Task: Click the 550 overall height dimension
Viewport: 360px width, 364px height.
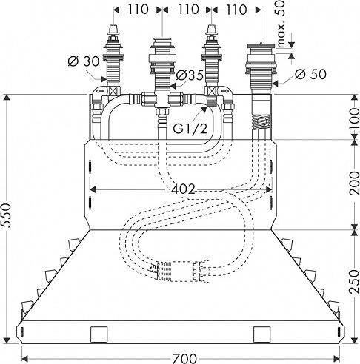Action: (7, 215)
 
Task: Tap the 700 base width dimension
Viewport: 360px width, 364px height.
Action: (184, 358)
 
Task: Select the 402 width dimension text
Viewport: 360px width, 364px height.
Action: (183, 189)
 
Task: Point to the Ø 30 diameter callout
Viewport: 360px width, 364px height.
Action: (83, 61)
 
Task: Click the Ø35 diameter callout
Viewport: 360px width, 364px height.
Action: (190, 75)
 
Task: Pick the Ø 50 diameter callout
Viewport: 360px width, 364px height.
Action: (310, 74)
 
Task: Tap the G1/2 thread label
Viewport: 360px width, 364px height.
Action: (190, 129)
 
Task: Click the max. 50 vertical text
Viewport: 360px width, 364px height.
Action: (281, 24)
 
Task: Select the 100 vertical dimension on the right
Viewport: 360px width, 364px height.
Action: (354, 117)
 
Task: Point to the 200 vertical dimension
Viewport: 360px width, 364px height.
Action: (354, 183)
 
